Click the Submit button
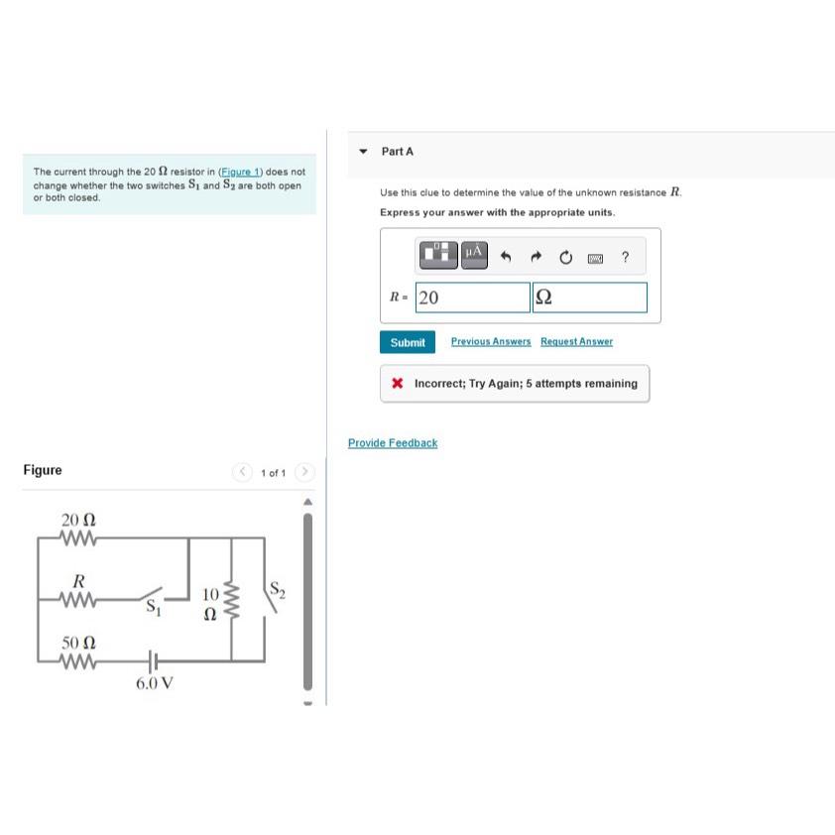407,342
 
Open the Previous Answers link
490,342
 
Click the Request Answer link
576,342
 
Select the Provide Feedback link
392,443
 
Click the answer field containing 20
472,298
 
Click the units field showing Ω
589,298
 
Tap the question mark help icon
625,258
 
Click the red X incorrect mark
397,384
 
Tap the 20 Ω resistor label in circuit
78,520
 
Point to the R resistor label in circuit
78,580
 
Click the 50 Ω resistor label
78,644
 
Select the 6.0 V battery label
155,683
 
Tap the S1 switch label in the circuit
152,609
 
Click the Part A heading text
397,152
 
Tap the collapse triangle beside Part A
364,152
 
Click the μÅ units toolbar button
474,254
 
